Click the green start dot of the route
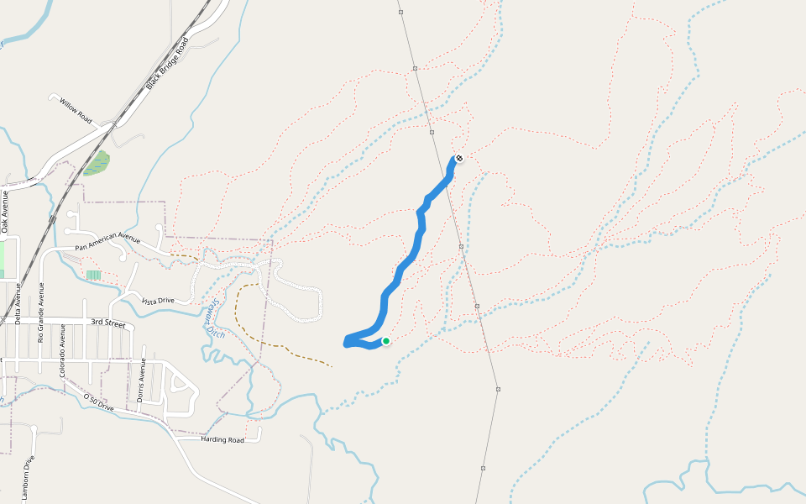click(386, 341)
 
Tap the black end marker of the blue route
click(458, 158)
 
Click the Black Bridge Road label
click(165, 70)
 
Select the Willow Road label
click(75, 108)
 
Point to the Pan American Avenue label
click(107, 242)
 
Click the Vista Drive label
click(157, 301)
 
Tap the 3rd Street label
click(107, 323)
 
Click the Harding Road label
click(222, 439)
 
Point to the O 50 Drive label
click(98, 402)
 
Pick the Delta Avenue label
click(17, 302)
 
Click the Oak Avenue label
click(4, 212)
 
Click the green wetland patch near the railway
click(97, 163)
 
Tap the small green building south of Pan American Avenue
click(93, 275)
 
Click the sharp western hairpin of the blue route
click(347, 340)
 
